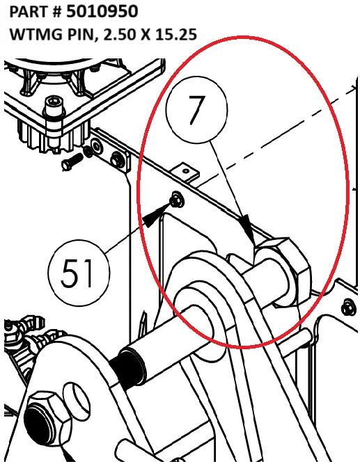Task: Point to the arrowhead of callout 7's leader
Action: tap(247, 230)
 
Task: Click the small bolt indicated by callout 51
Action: tap(175, 200)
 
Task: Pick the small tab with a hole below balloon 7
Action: tap(187, 169)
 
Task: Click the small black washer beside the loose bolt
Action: tap(88, 151)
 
